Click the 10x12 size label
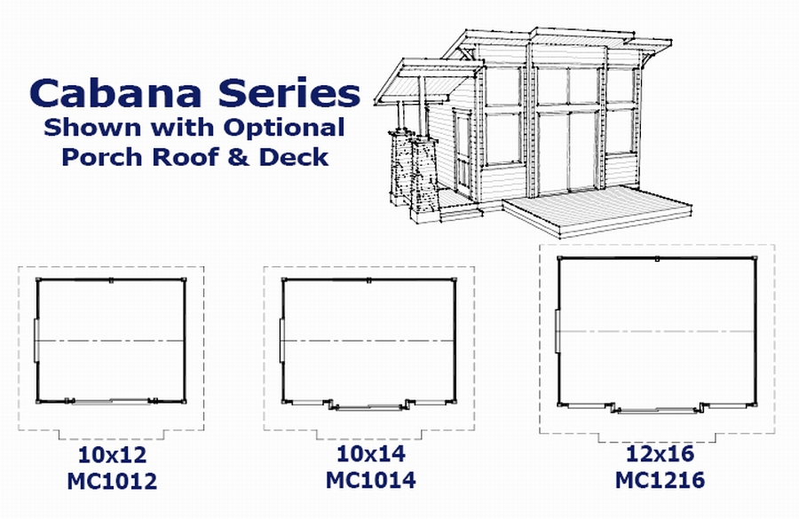112,456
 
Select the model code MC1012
112,482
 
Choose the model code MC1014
370,481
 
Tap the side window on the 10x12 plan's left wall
36,340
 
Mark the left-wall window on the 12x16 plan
557,332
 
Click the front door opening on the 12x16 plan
657,410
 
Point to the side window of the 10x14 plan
281,340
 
